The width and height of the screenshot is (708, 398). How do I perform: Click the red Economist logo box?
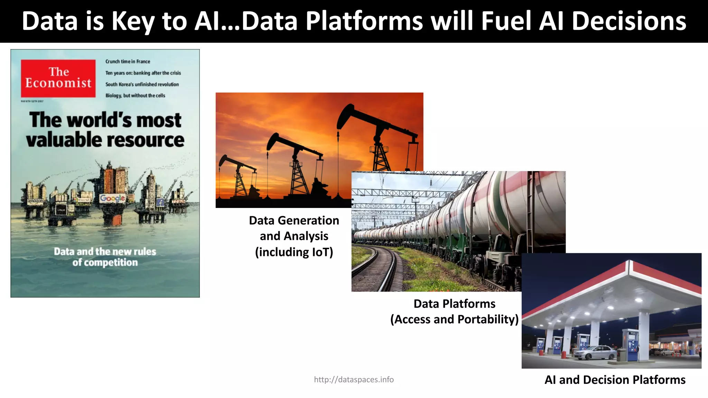(x=58, y=78)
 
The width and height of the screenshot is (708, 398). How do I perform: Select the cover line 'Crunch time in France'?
(x=128, y=61)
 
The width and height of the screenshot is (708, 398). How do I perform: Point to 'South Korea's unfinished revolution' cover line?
(x=142, y=84)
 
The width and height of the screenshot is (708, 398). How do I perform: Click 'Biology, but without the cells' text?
(x=135, y=96)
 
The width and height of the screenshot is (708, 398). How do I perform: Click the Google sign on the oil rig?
(x=112, y=198)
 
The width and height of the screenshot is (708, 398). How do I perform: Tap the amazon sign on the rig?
(x=35, y=201)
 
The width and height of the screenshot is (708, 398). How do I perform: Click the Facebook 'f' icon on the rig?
(x=160, y=202)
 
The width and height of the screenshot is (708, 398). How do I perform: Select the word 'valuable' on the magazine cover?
(x=63, y=140)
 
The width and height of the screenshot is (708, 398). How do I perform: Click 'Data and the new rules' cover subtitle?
(x=105, y=252)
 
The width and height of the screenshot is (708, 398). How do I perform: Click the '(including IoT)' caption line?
(x=294, y=252)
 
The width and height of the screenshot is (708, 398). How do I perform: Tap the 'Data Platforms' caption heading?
(x=454, y=304)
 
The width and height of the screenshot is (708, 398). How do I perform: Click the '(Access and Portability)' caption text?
(x=454, y=319)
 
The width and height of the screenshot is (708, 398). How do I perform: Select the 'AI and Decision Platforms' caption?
(x=615, y=380)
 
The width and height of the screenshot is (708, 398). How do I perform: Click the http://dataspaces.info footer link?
(x=354, y=380)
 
